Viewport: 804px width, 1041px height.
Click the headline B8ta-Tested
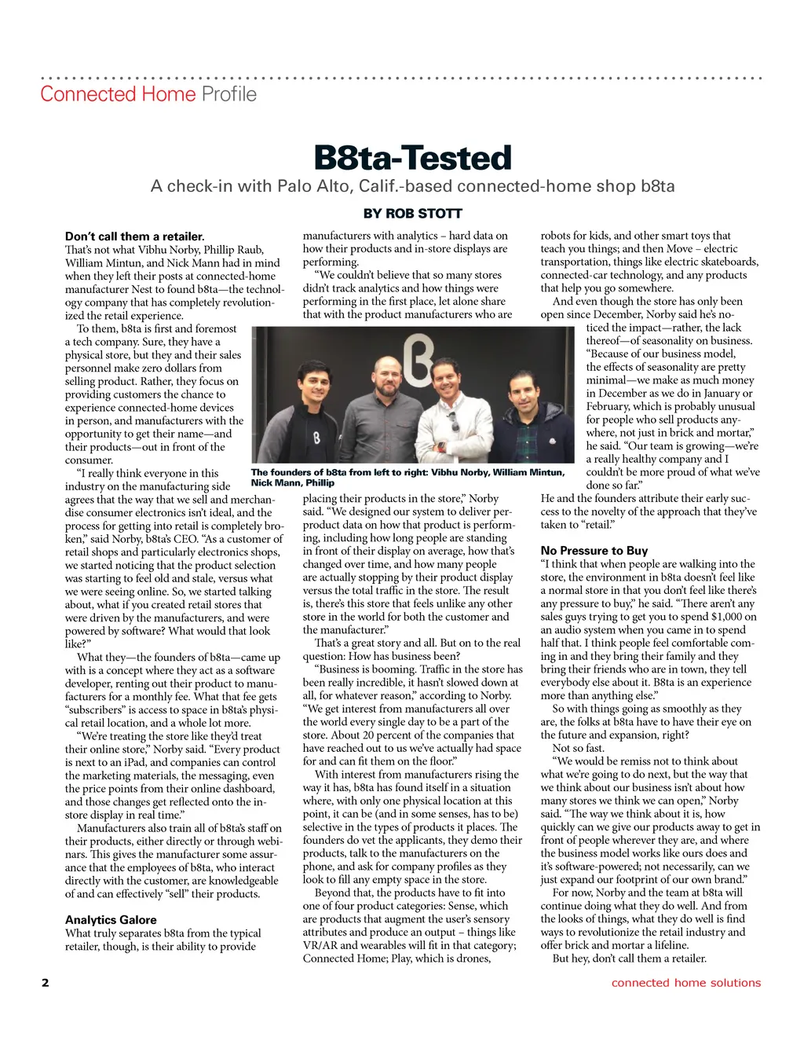(412, 158)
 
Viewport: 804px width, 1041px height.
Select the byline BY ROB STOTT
(412, 214)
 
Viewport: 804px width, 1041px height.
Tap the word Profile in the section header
(229, 94)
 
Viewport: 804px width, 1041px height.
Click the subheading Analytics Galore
(111, 920)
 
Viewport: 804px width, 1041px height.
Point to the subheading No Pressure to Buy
(594, 551)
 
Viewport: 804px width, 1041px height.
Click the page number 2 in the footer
(45, 983)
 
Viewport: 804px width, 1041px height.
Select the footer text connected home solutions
(686, 983)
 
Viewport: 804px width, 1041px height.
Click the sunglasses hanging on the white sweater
(453, 423)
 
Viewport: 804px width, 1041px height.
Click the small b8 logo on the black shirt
(316, 438)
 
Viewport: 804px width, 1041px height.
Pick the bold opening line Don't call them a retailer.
(134, 236)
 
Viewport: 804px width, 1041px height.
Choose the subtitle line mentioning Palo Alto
(412, 187)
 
